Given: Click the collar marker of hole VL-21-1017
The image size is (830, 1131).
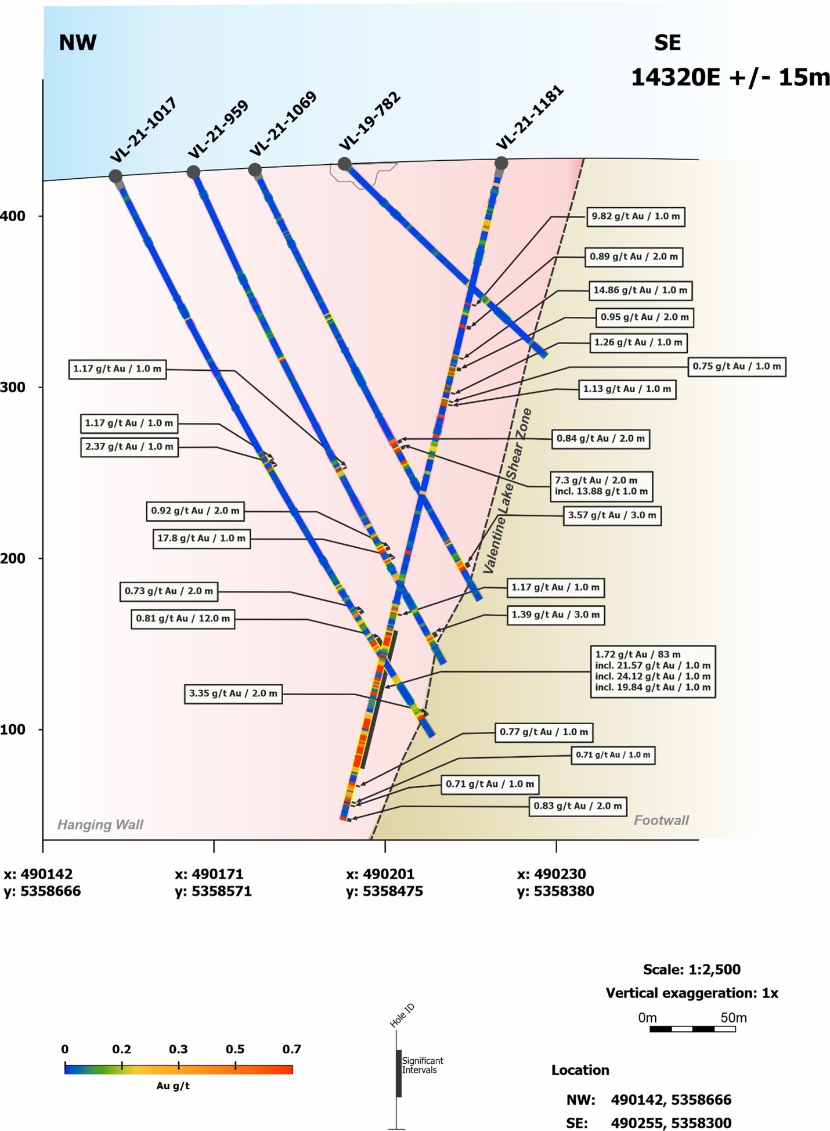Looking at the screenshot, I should pos(116,176).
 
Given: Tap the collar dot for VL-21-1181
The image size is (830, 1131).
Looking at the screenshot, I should pos(501,163).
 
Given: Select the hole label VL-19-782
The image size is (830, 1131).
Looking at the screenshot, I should pos(370,121).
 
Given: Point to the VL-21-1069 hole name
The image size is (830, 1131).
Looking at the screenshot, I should pos(283,124).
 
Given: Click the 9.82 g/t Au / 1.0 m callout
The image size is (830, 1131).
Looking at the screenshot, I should pos(636,216).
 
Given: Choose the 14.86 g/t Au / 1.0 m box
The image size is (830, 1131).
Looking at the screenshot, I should pos(640,290).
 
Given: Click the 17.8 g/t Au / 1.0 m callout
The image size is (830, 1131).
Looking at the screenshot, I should pos(201,539).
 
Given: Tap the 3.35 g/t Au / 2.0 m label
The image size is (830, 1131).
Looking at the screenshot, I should pos(233,693).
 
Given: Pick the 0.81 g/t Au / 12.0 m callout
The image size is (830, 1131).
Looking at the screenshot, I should pos(183,619).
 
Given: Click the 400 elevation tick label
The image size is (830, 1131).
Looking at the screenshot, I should pos(13,216).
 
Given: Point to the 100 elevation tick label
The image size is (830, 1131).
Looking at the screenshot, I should pos(13,729).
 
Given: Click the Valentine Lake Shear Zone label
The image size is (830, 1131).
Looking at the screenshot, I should pos(507,490).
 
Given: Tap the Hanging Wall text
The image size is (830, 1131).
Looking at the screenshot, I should pos(100,825).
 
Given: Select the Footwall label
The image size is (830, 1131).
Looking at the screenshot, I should pos(661,820).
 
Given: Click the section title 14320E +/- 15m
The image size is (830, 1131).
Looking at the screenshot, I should pos(730,77).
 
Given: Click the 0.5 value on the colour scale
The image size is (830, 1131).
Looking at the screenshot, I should pos(235,1049).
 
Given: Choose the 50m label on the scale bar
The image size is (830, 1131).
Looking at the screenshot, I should pos(733,1018).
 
